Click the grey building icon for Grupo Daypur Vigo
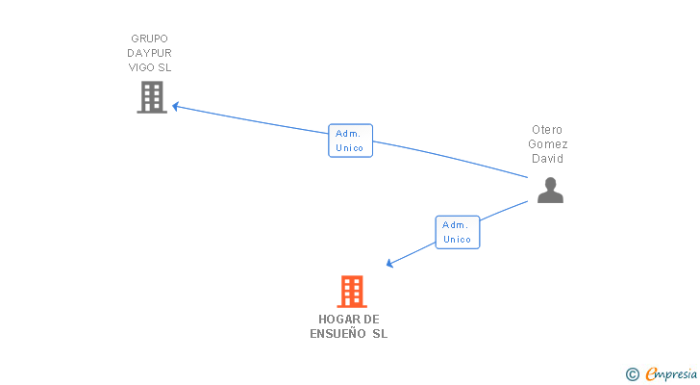coord(152,97)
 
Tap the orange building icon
coord(352,292)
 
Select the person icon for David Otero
coord(550,191)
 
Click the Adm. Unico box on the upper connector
coord(350,141)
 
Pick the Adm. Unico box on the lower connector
coord(457,232)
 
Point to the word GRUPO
coord(149,38)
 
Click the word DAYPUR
coord(149,53)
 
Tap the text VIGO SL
coord(149,67)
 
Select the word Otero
coord(547,130)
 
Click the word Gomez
coord(547,144)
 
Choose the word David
coord(547,159)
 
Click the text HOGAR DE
coord(349,319)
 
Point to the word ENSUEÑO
coord(337,334)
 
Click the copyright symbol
coord(632,373)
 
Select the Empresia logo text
coord(671,373)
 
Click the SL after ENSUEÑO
coord(380,334)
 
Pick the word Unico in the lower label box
coord(457,239)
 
